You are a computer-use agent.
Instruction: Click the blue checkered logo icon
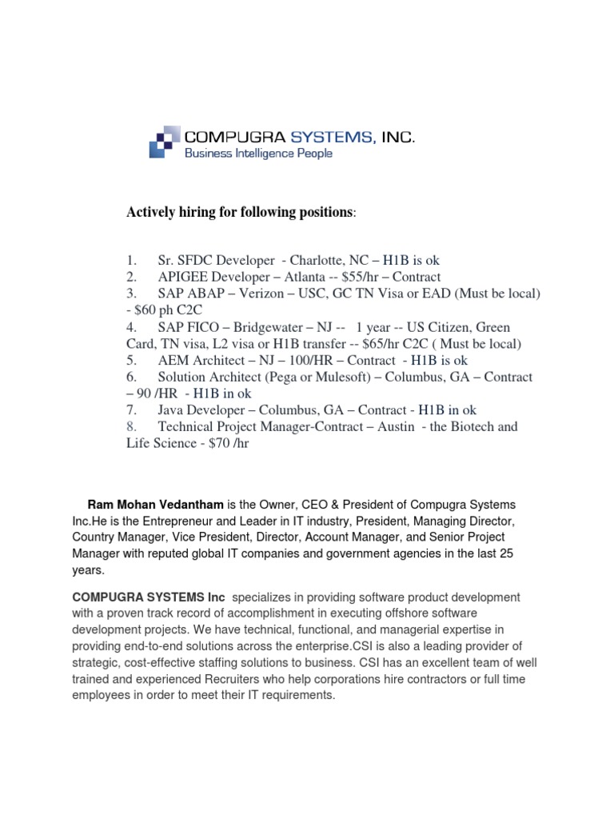[x=165, y=142]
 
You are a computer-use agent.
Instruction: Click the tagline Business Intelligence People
[x=259, y=153]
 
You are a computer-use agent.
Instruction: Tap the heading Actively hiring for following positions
[x=238, y=212]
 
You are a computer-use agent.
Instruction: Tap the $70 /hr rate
[x=229, y=443]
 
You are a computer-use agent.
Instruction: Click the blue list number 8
[x=131, y=426]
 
